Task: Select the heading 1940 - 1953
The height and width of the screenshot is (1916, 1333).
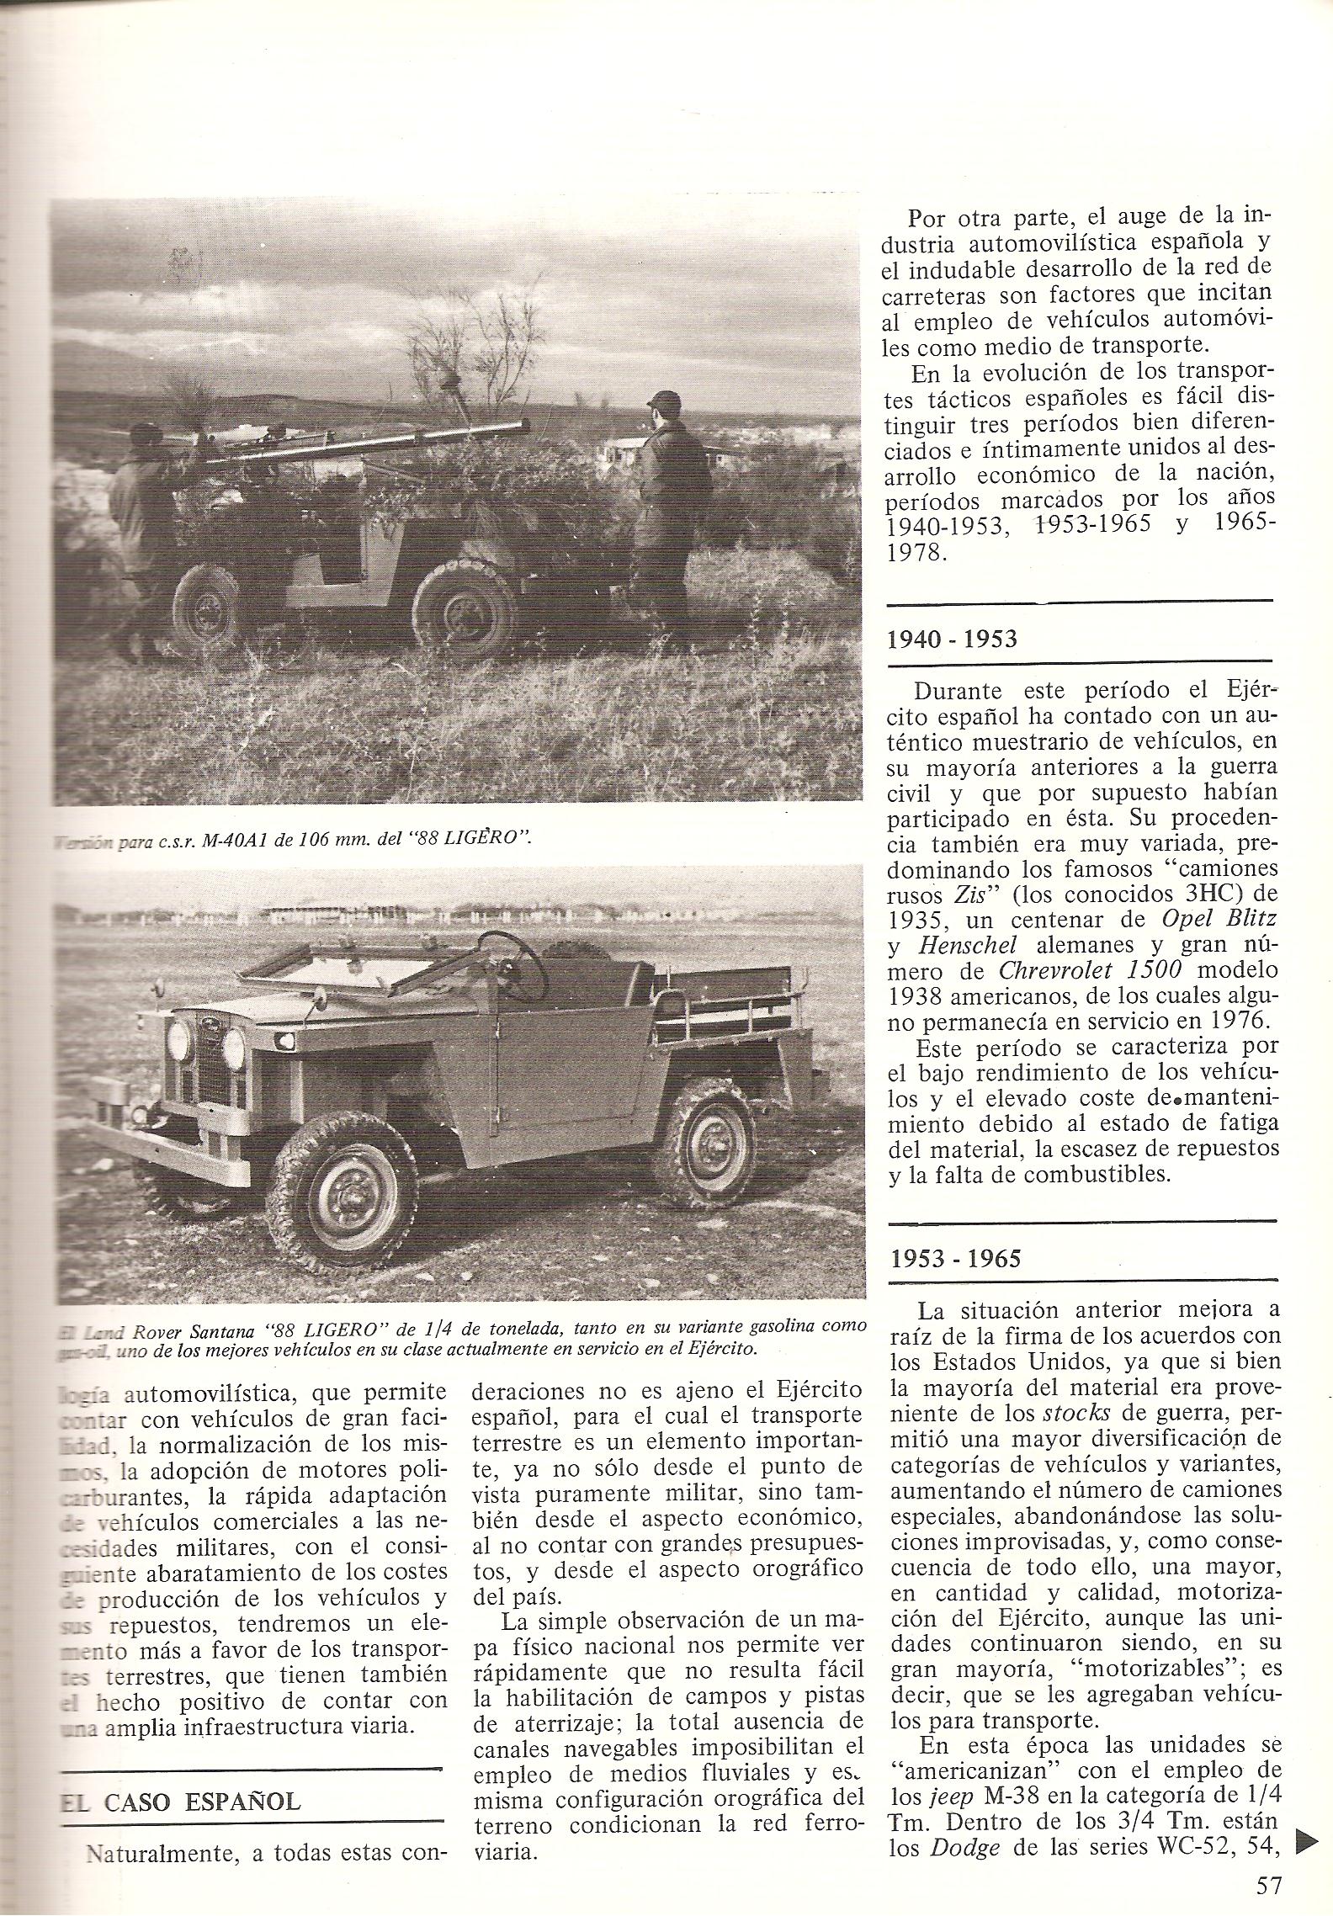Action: click(x=952, y=640)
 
